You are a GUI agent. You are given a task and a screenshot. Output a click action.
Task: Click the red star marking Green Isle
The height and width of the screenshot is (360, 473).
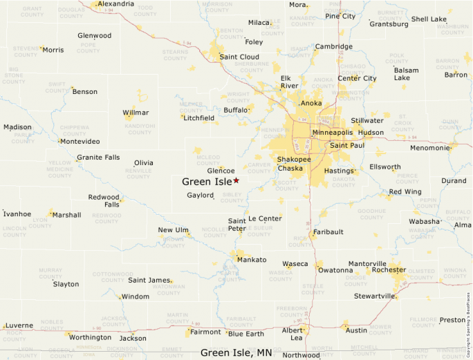(236, 180)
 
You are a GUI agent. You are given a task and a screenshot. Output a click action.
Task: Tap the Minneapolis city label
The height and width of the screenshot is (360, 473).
(332, 132)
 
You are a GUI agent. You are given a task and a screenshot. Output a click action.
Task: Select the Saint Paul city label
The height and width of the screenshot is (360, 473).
(347, 145)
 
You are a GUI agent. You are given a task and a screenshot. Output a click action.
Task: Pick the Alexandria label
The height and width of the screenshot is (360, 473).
(115, 4)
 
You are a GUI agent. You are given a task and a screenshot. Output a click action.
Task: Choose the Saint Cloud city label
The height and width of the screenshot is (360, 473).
(239, 57)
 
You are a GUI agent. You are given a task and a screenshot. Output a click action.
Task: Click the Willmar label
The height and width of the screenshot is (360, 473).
(136, 113)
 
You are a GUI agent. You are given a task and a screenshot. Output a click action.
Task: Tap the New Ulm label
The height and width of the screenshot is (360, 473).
(173, 230)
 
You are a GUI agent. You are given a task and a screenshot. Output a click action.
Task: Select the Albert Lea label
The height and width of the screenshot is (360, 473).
(293, 334)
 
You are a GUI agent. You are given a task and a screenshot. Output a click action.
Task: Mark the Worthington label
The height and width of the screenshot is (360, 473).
(90, 337)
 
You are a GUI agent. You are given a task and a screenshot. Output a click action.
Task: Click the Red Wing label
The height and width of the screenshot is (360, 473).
(405, 191)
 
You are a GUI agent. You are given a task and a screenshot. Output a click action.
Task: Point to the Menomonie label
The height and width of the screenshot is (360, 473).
(430, 148)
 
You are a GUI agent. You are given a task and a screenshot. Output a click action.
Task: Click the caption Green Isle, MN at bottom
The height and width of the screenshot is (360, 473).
(236, 352)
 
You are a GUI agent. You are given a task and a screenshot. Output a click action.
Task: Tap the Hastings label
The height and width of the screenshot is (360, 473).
(339, 171)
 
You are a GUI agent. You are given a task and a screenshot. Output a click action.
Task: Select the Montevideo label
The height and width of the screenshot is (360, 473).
(80, 142)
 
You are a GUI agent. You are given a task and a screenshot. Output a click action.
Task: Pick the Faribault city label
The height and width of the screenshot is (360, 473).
(328, 232)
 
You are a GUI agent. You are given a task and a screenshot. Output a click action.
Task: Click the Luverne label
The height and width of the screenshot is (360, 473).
(19, 325)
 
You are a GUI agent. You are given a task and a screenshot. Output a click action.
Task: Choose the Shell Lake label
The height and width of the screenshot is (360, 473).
(429, 19)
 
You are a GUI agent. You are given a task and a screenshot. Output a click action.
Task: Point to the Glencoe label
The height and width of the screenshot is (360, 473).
(221, 171)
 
